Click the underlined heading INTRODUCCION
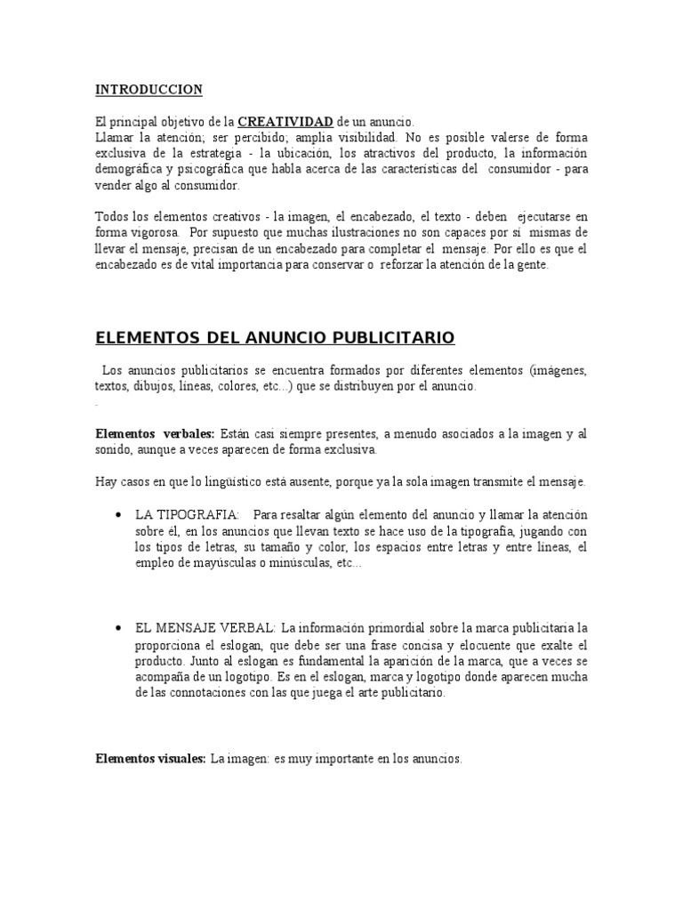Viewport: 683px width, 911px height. (149, 90)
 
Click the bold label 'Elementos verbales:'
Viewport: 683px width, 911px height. (155, 433)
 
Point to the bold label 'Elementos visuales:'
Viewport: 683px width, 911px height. (150, 759)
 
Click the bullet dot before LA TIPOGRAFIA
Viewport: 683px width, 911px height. (118, 516)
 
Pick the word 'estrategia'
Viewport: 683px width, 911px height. (208, 154)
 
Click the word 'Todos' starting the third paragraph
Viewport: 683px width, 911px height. (112, 217)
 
